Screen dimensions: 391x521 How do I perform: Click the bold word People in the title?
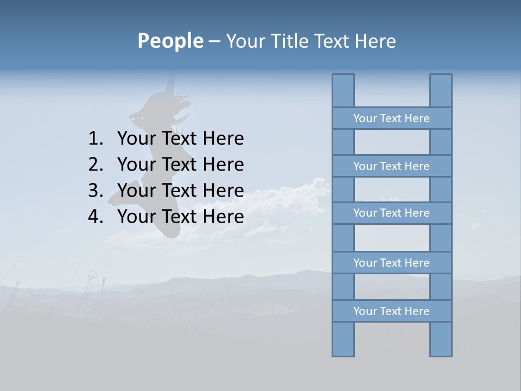click(x=170, y=41)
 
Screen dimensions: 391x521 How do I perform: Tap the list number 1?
click(x=95, y=139)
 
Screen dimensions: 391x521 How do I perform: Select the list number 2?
click(x=95, y=165)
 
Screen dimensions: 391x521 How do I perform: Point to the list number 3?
click(x=95, y=191)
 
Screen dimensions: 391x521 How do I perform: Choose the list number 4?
click(x=95, y=217)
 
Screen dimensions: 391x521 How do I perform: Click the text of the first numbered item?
click(x=180, y=139)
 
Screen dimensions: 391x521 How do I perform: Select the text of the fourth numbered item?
click(x=180, y=217)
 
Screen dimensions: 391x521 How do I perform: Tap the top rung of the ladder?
click(x=391, y=118)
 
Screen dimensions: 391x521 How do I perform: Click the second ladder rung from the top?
click(x=391, y=166)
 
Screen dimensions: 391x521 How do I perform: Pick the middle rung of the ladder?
click(x=391, y=213)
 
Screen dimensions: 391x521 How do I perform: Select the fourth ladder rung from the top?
click(x=391, y=263)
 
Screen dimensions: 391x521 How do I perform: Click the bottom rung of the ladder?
click(x=391, y=311)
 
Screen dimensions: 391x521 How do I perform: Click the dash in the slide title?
click(x=214, y=41)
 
